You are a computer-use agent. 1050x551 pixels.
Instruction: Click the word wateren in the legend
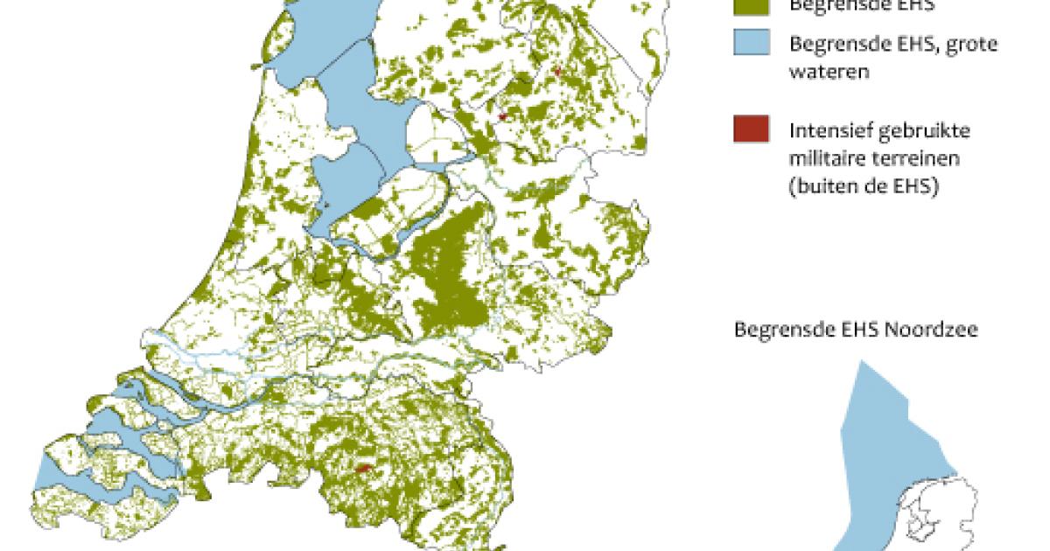(x=829, y=72)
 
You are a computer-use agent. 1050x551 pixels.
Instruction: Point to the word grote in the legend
(x=970, y=44)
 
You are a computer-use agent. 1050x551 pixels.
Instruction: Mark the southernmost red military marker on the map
(x=362, y=469)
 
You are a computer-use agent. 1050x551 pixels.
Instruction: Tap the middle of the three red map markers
(x=502, y=115)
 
